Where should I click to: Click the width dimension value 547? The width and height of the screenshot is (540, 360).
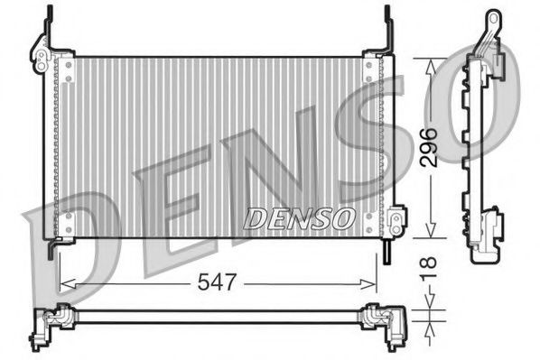pos(218,283)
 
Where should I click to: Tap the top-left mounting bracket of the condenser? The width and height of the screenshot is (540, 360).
pos(46,50)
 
